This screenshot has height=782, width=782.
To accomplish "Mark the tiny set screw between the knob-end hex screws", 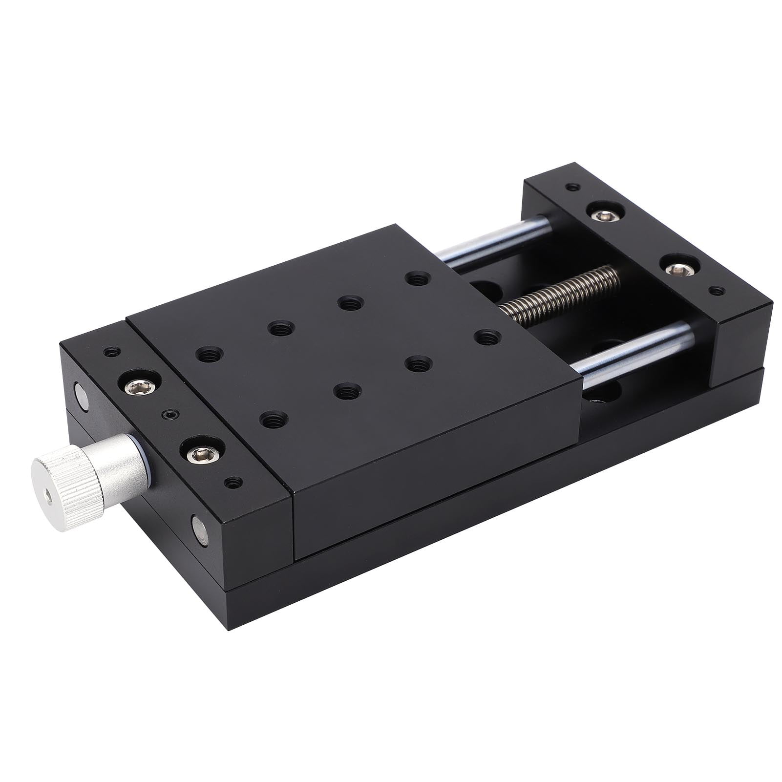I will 170,415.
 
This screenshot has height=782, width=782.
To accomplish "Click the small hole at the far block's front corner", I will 717,291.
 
